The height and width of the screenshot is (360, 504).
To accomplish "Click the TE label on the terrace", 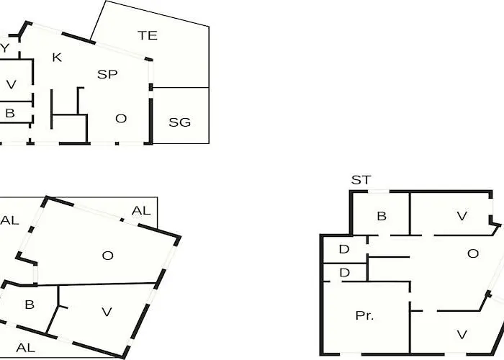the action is pyautogui.click(x=148, y=35).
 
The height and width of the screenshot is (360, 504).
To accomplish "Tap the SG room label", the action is pyautogui.click(x=180, y=122).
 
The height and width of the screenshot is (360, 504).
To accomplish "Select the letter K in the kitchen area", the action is pyautogui.click(x=57, y=58).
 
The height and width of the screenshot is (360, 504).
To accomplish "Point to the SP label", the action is pyautogui.click(x=107, y=74).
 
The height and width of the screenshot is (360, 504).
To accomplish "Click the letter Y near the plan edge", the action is pyautogui.click(x=4, y=48).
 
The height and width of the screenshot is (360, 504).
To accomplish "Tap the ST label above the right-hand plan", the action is pyautogui.click(x=361, y=180).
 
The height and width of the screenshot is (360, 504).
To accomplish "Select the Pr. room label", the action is pyautogui.click(x=364, y=315).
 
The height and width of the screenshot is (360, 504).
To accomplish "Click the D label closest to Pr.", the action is pyautogui.click(x=345, y=273).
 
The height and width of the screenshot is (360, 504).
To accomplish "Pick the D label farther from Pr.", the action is pyautogui.click(x=344, y=249).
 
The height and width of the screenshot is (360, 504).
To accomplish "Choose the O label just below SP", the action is pyautogui.click(x=121, y=119).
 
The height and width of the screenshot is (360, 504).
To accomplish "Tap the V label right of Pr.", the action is pyautogui.click(x=462, y=335).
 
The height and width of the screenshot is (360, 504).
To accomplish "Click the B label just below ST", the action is pyautogui.click(x=382, y=216).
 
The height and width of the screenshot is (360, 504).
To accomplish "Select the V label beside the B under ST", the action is pyautogui.click(x=462, y=216).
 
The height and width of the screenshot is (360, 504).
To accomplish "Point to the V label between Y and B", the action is pyautogui.click(x=12, y=84).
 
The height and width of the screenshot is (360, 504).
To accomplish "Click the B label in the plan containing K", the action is pyautogui.click(x=10, y=113).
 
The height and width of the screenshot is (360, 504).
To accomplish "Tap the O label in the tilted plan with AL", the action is pyautogui.click(x=108, y=256).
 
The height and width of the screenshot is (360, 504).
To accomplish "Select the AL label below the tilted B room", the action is pyautogui.click(x=25, y=348).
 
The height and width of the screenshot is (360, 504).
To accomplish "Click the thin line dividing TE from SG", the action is pyautogui.click(x=181, y=87).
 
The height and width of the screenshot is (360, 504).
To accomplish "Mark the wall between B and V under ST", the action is pyautogui.click(x=410, y=214).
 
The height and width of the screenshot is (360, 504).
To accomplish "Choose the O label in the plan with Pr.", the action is pyautogui.click(x=473, y=253).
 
